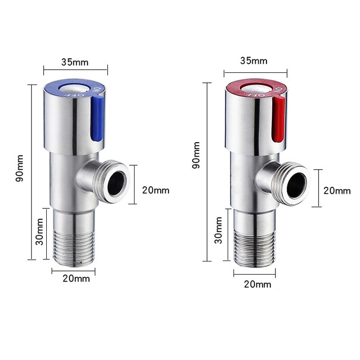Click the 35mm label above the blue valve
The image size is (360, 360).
tap(75, 62)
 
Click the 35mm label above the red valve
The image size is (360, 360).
tap(254, 61)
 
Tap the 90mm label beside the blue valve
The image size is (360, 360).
tap(20, 167)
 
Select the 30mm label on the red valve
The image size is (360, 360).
tap(219, 229)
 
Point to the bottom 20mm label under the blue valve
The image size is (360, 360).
tap(76, 279)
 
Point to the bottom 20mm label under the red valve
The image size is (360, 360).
tap(257, 284)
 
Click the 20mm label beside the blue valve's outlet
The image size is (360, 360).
tap(156, 190)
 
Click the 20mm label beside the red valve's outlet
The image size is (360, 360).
tap(337, 191)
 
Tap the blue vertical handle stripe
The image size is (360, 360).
tap(96, 117)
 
